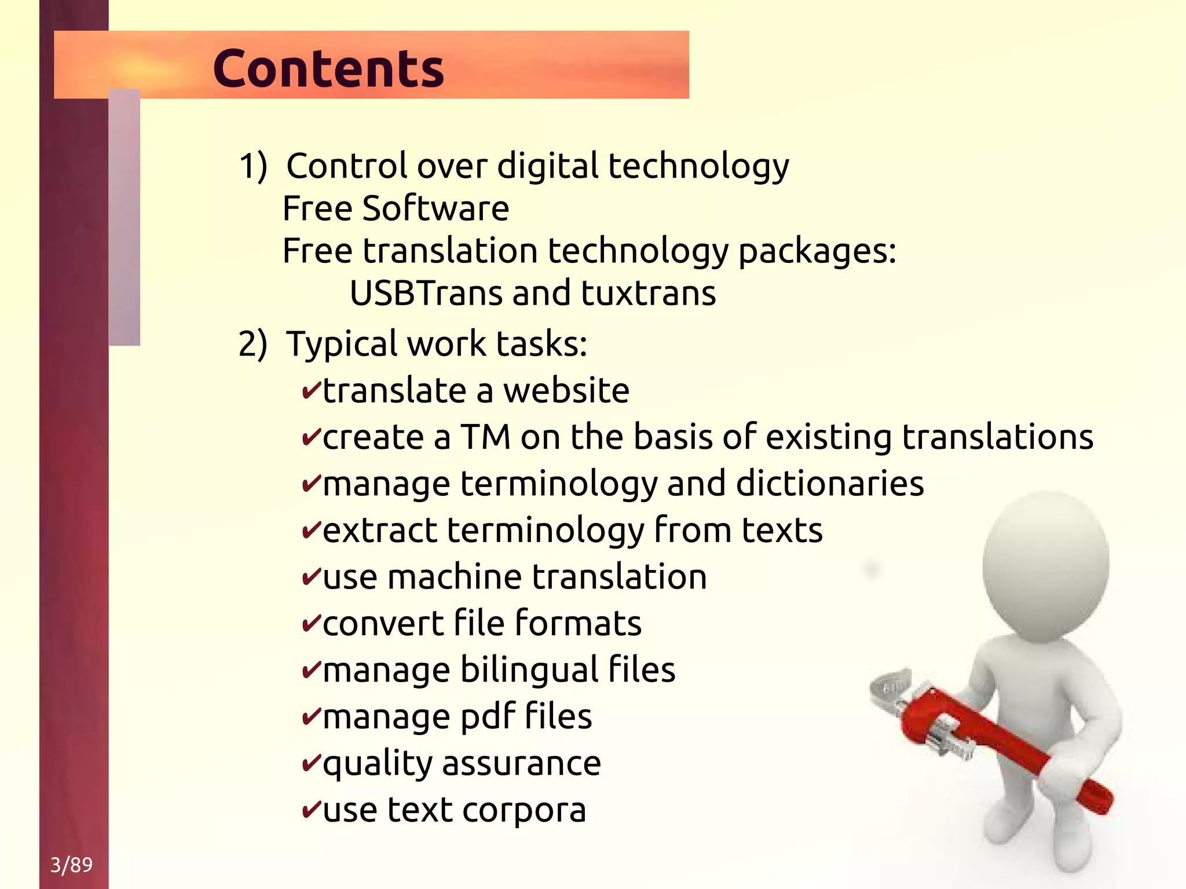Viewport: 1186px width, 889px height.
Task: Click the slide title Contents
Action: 328,68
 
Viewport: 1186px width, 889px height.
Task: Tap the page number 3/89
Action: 71,865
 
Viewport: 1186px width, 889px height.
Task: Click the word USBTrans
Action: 426,293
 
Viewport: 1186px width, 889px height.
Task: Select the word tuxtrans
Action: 648,293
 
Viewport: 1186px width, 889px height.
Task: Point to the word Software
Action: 435,208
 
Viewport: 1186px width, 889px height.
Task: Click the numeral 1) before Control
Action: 253,167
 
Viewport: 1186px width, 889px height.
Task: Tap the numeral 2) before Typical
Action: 253,344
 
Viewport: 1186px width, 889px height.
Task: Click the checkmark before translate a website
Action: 311,391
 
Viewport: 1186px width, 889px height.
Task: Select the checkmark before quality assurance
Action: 311,763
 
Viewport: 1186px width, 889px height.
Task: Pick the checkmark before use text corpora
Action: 311,810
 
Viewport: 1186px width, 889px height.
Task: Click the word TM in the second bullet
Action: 485,437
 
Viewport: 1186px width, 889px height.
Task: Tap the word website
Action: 566,391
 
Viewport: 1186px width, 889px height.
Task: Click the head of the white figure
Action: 1045,565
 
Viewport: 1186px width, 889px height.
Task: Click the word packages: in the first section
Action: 817,251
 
